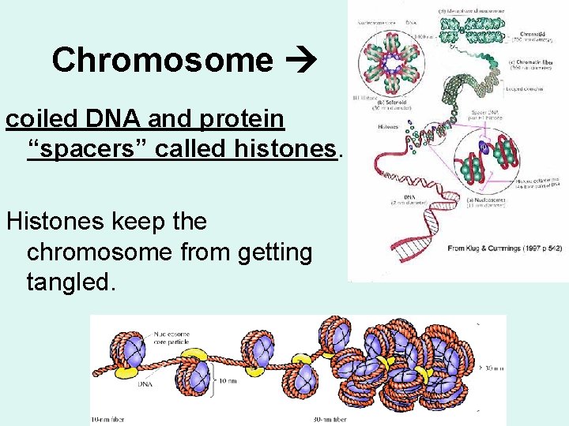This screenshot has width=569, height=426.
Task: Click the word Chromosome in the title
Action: [162, 60]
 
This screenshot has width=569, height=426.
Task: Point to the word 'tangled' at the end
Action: [71, 282]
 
